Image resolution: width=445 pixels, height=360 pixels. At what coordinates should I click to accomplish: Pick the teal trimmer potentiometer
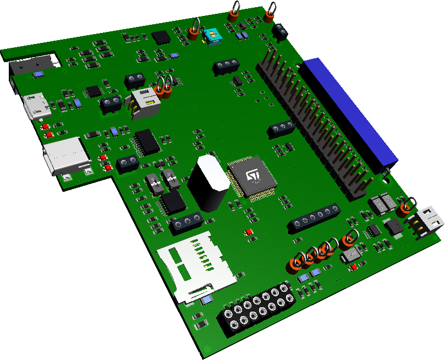pos(212,36)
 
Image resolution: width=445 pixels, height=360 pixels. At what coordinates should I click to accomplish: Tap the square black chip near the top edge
pos(162,37)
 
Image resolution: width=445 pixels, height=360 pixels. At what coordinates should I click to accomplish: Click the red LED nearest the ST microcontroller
pos(249,232)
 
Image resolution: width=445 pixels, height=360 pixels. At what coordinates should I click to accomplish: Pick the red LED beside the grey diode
pos(352,268)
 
